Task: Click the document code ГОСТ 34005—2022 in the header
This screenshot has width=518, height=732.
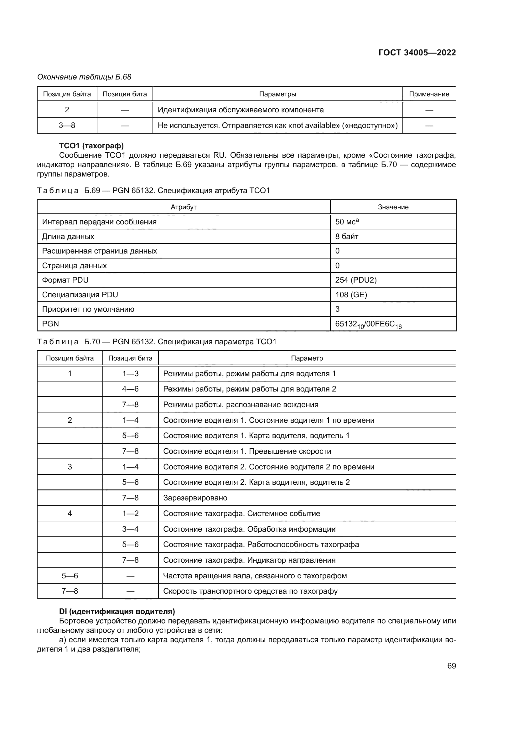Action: click(417, 53)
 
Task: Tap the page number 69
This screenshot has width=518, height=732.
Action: click(451, 666)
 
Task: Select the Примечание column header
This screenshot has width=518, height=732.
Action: click(429, 94)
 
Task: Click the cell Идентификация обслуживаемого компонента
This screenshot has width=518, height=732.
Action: click(241, 110)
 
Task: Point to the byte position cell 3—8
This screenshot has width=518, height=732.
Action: click(67, 125)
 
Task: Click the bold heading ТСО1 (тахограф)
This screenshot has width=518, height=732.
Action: click(91, 146)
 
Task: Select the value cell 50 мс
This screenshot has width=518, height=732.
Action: click(347, 222)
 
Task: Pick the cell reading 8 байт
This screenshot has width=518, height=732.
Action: click(347, 237)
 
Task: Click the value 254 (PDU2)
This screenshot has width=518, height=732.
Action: click(356, 280)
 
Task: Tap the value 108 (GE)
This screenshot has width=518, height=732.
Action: click(351, 294)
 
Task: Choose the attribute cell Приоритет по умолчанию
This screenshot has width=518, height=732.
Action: click(88, 309)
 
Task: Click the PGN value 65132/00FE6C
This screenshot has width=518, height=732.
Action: click(368, 324)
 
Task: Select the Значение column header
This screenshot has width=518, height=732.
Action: click(393, 207)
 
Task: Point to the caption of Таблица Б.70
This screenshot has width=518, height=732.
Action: click(156, 342)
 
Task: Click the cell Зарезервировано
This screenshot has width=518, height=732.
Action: click(195, 498)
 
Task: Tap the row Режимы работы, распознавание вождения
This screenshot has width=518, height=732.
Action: click(241, 405)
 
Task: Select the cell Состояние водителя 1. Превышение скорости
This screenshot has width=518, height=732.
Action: click(247, 451)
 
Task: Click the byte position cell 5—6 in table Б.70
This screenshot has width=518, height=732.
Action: click(70, 576)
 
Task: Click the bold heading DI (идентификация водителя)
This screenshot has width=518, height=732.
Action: click(117, 612)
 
